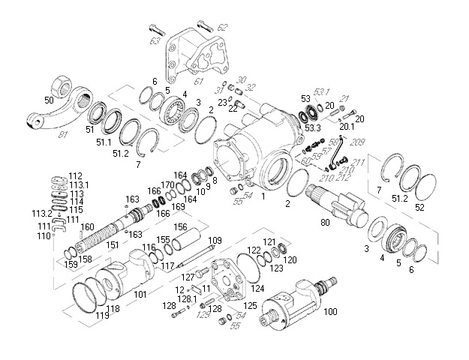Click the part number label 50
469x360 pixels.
coord(49,99)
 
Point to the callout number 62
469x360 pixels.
coord(222,27)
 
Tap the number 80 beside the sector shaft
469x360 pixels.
coord(324,223)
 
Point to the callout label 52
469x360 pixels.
coord(419,206)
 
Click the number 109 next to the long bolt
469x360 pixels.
coord(215,240)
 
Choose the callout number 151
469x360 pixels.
coord(112,243)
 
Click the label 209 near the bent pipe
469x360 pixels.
coord(358,142)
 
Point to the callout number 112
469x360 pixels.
coord(75,175)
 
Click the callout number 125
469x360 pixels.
coord(251,305)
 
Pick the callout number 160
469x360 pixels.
coord(88,226)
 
